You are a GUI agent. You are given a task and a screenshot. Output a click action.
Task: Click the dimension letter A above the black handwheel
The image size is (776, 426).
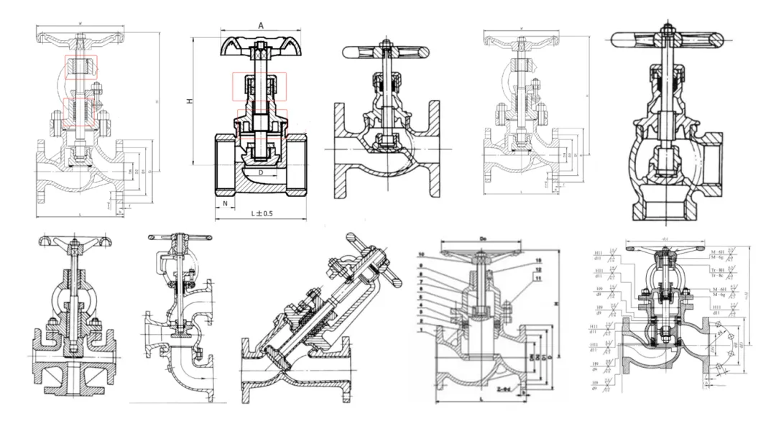(x=260, y=24)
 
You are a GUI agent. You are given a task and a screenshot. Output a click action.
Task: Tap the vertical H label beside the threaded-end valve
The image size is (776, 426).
(x=190, y=102)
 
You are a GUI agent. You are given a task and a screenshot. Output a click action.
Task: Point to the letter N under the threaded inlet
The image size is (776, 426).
(x=225, y=203)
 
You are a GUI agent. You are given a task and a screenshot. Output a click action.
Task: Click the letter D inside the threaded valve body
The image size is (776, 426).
(x=261, y=173)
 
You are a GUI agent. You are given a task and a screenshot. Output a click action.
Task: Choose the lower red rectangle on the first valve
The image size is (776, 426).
(x=80, y=113)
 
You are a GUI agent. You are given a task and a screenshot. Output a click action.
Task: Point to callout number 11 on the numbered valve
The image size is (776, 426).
(x=537, y=277)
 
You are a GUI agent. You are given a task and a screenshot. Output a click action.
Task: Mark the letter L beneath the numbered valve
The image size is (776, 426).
(x=479, y=397)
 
